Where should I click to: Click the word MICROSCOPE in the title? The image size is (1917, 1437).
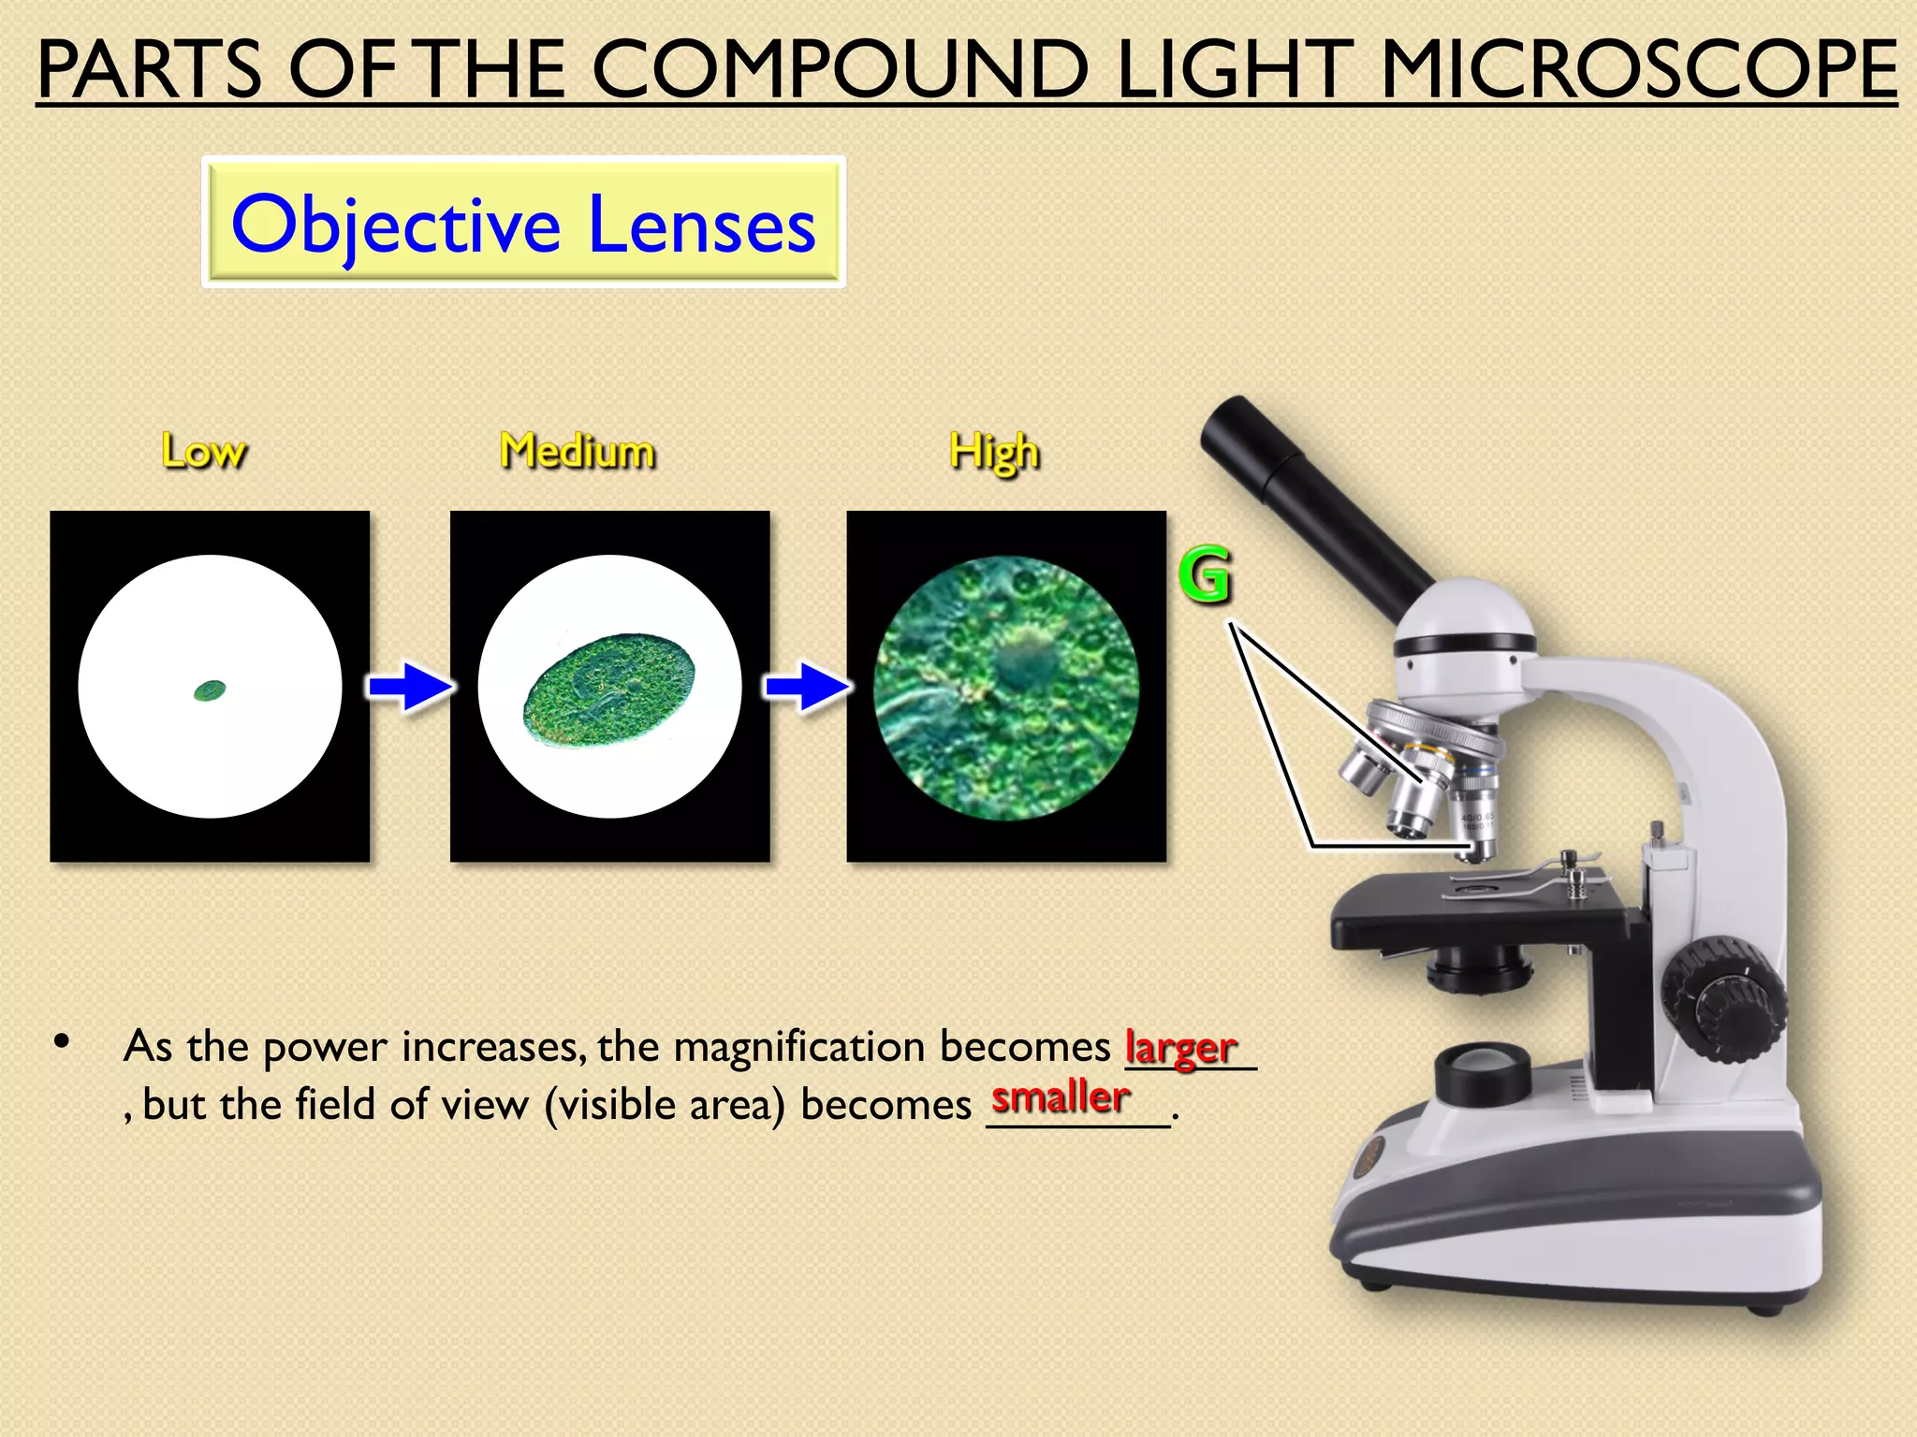point(1638,70)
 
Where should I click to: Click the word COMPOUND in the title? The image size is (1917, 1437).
point(840,70)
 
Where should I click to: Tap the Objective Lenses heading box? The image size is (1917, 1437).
point(523,223)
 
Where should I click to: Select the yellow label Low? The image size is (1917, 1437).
point(204,452)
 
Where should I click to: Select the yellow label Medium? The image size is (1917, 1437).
point(578,451)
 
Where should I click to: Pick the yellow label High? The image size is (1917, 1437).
point(994,453)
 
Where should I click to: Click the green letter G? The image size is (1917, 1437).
point(1205,573)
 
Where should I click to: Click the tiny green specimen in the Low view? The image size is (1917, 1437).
point(210,691)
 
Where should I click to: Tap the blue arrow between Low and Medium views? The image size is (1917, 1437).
point(408,688)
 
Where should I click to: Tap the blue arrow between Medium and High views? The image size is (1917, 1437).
point(807,688)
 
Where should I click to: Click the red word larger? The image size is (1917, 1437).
point(1180,1047)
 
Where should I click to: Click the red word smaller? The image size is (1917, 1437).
point(1061,1096)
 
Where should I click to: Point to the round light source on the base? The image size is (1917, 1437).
point(1483,1071)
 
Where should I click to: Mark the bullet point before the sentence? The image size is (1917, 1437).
point(63,1041)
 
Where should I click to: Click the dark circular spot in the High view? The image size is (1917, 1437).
point(1027,660)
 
